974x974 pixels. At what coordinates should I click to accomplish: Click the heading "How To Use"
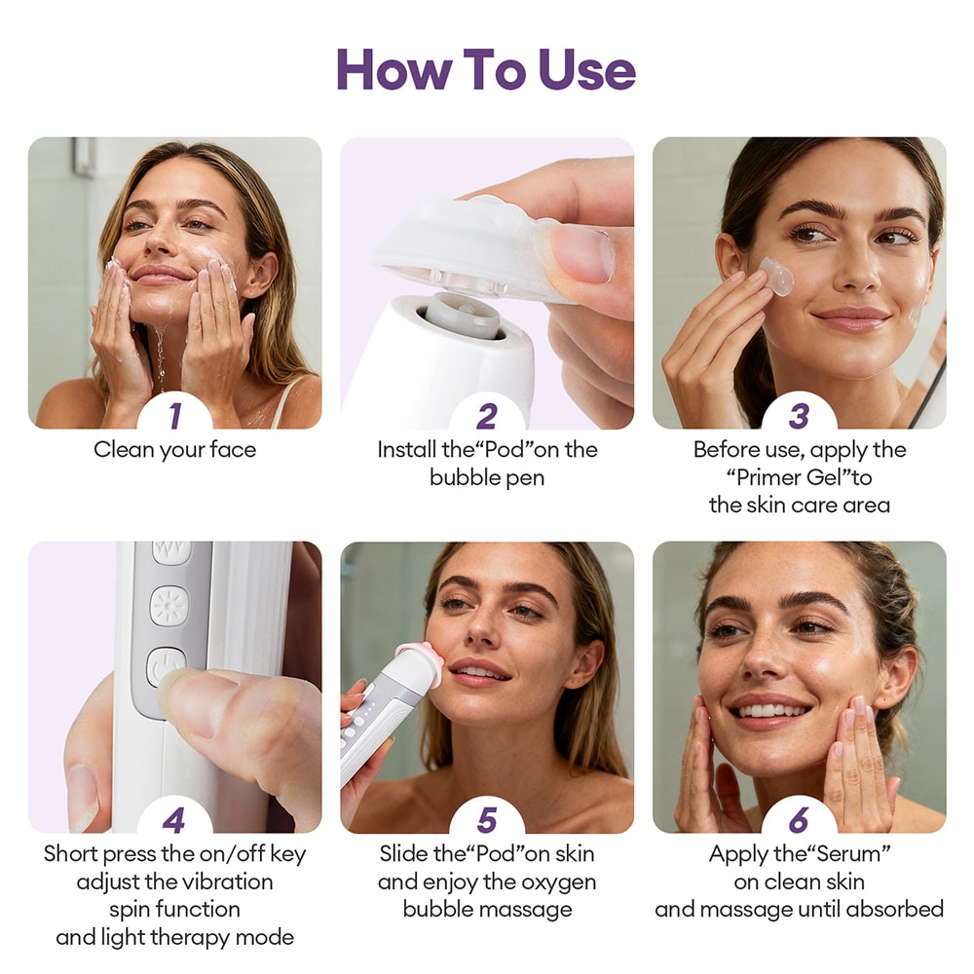point(486,70)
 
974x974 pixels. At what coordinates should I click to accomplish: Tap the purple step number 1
point(174,416)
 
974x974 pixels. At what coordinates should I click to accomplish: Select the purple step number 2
point(487,416)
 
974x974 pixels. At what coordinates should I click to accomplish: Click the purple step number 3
point(799,416)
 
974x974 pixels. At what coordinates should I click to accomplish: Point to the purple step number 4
point(174,820)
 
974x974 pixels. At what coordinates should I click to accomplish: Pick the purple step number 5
point(487,820)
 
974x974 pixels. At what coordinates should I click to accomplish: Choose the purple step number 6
point(799,820)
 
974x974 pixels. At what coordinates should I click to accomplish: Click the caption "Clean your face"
point(174,450)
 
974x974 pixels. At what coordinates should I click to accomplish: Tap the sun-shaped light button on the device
point(169,606)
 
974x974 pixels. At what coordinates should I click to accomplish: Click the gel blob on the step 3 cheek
point(776,277)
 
